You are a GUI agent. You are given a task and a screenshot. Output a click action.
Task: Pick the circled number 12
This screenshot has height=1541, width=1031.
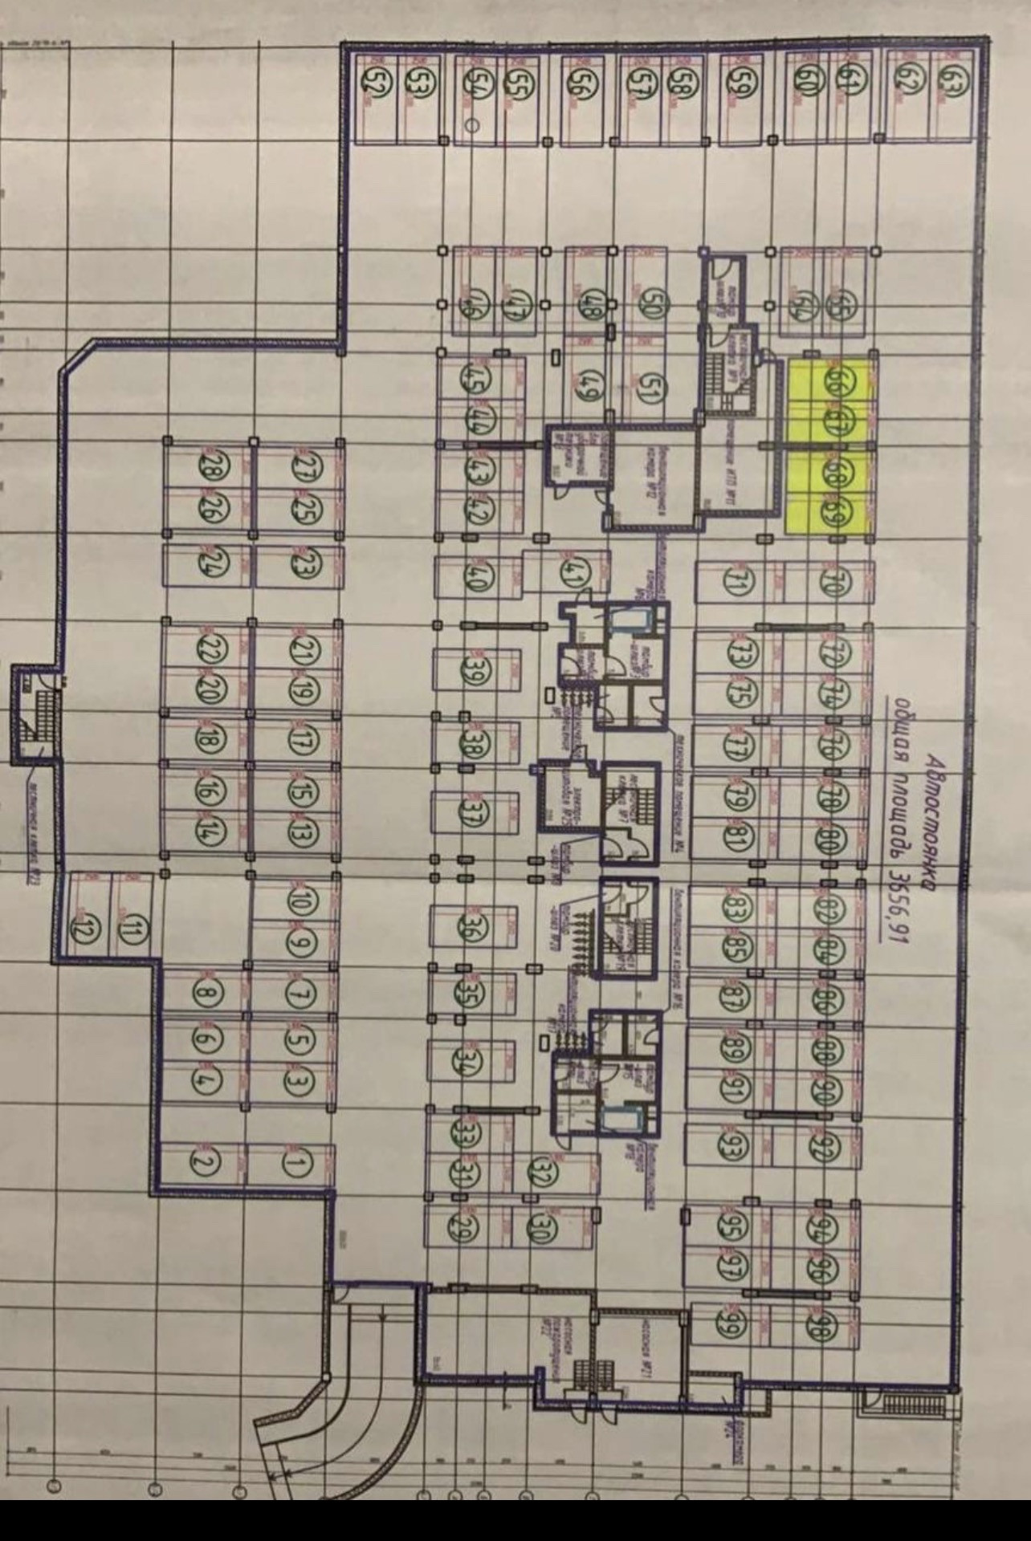pos(83,931)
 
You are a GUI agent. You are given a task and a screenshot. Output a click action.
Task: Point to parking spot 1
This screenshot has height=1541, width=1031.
pos(295,1162)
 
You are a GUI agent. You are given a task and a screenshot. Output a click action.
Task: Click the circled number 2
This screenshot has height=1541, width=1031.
pos(206,1161)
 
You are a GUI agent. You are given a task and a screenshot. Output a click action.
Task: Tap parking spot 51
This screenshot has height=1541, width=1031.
pos(649,392)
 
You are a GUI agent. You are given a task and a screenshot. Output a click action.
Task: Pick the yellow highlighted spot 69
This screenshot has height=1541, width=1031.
pos(836,510)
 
